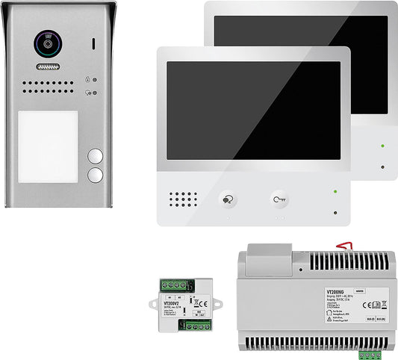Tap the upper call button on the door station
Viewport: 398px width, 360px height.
(95, 157)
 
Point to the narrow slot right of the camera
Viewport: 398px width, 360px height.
(94, 43)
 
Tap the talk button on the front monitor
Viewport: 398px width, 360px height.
(227, 200)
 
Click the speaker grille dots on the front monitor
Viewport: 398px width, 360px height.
(183, 200)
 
